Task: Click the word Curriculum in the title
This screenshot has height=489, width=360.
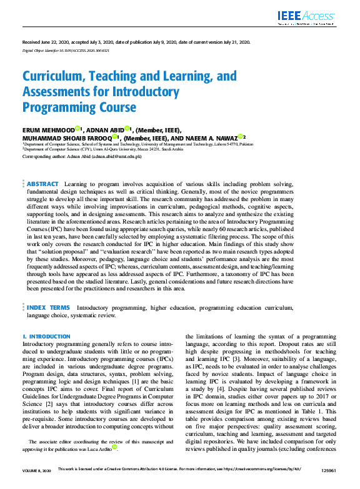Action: tap(53, 77)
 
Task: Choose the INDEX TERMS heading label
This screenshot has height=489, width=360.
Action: tap(48, 308)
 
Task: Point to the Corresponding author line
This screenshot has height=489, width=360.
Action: tap(82, 156)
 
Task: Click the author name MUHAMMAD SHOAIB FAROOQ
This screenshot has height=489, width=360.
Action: tap(66, 137)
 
